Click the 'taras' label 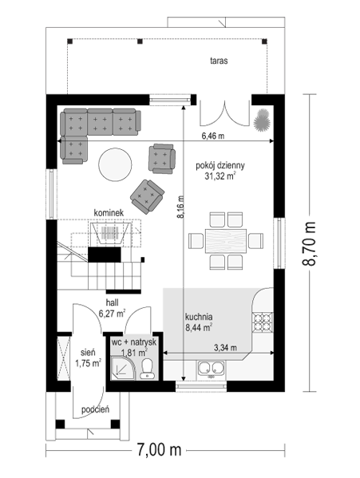coord(219,61)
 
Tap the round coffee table coord(115,164)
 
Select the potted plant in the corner coord(262,120)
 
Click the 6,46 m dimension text coord(213,136)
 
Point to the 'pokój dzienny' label coord(220,165)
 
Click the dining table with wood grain coord(226,241)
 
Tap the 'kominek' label coord(109,212)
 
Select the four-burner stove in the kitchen coord(263,322)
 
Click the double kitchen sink coord(211,369)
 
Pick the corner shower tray coord(122,369)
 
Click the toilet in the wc coord(147,369)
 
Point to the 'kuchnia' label coord(199,317)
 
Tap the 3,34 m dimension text coord(225,347)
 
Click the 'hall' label coord(113,302)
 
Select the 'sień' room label coord(88,353)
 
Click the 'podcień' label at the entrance coord(95,409)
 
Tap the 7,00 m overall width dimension coord(159,449)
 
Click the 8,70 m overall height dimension coord(310,243)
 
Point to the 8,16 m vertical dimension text coord(181,207)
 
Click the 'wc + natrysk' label coord(134,342)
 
